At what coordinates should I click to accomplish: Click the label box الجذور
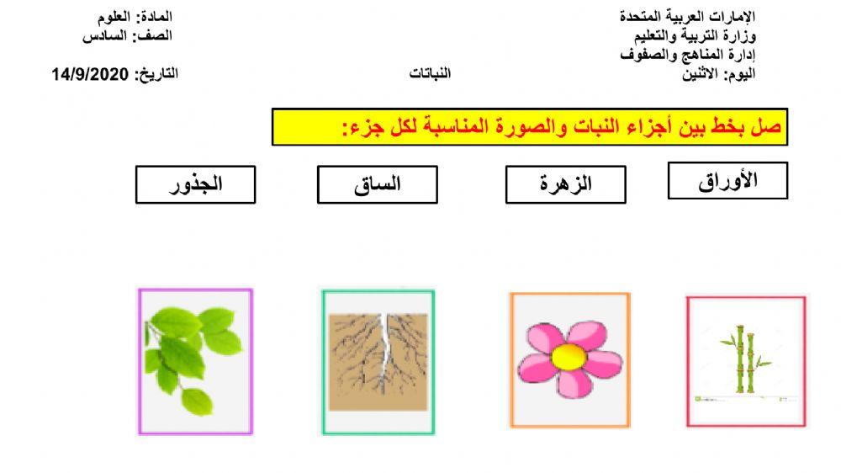point(195,184)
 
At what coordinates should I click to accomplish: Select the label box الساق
point(377,184)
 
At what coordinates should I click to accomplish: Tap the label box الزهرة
point(565,184)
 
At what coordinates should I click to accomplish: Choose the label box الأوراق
point(727,181)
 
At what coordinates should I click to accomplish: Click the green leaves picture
point(194,361)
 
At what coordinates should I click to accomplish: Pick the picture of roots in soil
point(378,362)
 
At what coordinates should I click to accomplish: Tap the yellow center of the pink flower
point(568,358)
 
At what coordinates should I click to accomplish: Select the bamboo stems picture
point(745,362)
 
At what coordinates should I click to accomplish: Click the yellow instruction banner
point(529,127)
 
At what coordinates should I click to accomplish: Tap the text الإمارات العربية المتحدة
point(687,17)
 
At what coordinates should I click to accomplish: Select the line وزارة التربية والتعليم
point(695,36)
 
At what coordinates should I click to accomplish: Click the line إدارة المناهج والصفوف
point(687,55)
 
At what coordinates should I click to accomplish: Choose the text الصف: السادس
point(127,36)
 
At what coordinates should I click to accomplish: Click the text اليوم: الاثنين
point(721,74)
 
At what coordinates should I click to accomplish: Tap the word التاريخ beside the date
point(156,74)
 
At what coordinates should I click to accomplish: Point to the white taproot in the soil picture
point(385,345)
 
